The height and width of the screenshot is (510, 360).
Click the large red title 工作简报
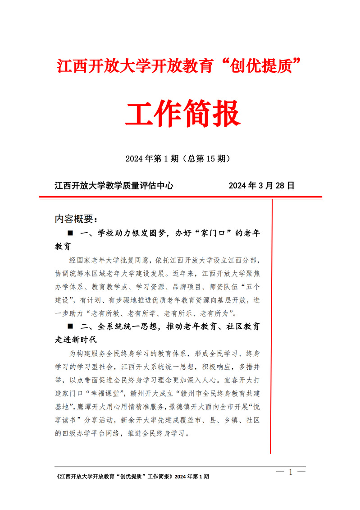(x=182, y=115)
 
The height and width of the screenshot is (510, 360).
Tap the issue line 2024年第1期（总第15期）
(x=179, y=159)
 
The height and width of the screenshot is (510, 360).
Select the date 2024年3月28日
(x=261, y=185)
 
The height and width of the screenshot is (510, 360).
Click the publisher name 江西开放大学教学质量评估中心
(x=114, y=185)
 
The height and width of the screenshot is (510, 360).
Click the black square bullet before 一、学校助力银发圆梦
(x=70, y=234)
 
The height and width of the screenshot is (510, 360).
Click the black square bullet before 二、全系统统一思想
(x=70, y=326)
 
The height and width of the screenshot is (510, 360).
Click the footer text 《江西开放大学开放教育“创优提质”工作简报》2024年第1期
(x=131, y=477)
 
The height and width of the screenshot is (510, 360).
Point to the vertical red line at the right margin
(x=271, y=325)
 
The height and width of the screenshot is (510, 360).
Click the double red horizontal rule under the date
(x=180, y=197)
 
